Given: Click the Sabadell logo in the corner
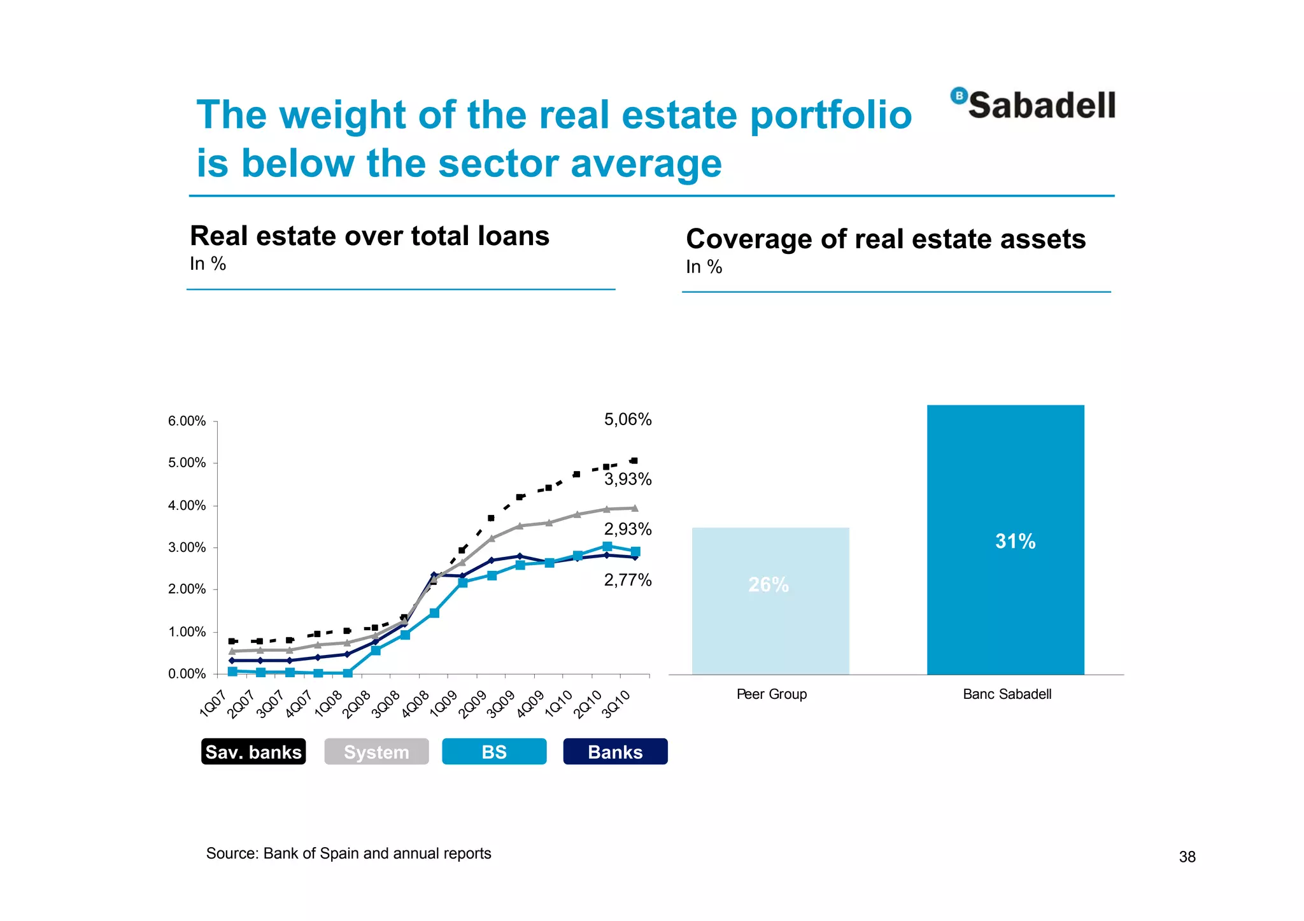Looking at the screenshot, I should tap(1033, 105).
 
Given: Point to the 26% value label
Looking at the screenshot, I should tap(769, 584).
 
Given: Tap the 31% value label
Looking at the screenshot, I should tap(1015, 541).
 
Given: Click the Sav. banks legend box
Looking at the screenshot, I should tap(253, 752).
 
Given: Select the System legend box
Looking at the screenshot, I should tap(376, 752).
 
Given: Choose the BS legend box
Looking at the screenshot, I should tap(494, 752).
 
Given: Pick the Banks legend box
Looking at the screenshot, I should tap(615, 752).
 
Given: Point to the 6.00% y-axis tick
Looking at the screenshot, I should tap(187, 421).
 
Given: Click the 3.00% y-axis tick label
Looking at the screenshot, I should tap(187, 547).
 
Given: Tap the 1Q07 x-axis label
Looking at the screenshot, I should tap(213, 704).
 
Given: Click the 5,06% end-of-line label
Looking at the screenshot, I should tap(627, 419).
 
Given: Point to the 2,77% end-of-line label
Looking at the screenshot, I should tap(627, 580).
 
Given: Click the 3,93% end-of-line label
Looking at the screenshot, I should tap(627, 479).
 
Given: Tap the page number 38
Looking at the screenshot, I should tap(1187, 857).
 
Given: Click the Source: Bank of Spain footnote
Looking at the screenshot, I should tap(348, 854).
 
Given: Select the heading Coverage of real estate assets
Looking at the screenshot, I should tap(886, 239).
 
